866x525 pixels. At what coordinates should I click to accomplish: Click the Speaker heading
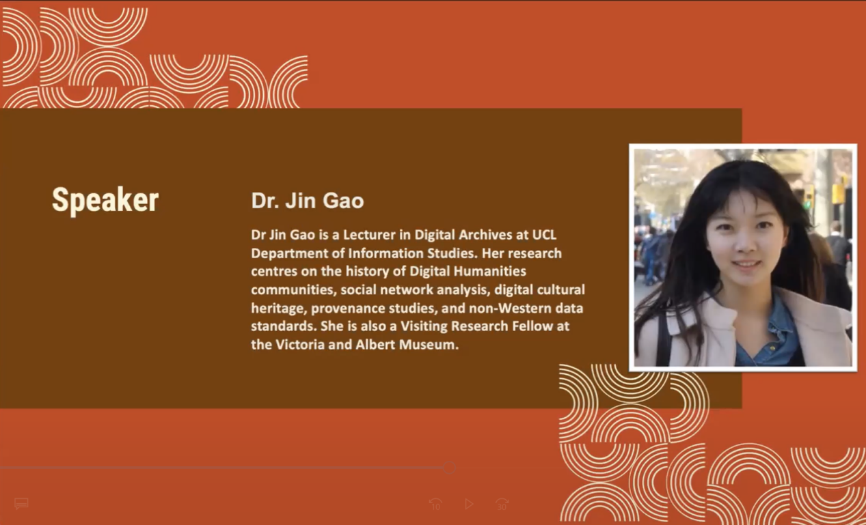pyautogui.click(x=105, y=200)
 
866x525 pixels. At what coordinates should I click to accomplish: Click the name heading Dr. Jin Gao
pyautogui.click(x=308, y=201)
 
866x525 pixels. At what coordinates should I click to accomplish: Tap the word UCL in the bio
pyautogui.click(x=544, y=235)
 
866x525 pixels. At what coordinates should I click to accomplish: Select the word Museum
pyautogui.click(x=429, y=344)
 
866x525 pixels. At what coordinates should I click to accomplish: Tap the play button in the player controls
pyautogui.click(x=469, y=504)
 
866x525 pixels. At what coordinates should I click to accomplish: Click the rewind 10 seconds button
pyautogui.click(x=435, y=504)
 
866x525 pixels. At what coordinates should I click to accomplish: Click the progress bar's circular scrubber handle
pyautogui.click(x=449, y=468)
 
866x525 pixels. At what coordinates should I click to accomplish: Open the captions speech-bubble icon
pyautogui.click(x=21, y=504)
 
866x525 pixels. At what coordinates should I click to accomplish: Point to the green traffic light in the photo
pyautogui.click(x=807, y=203)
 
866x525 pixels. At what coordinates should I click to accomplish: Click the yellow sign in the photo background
pyautogui.click(x=837, y=193)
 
